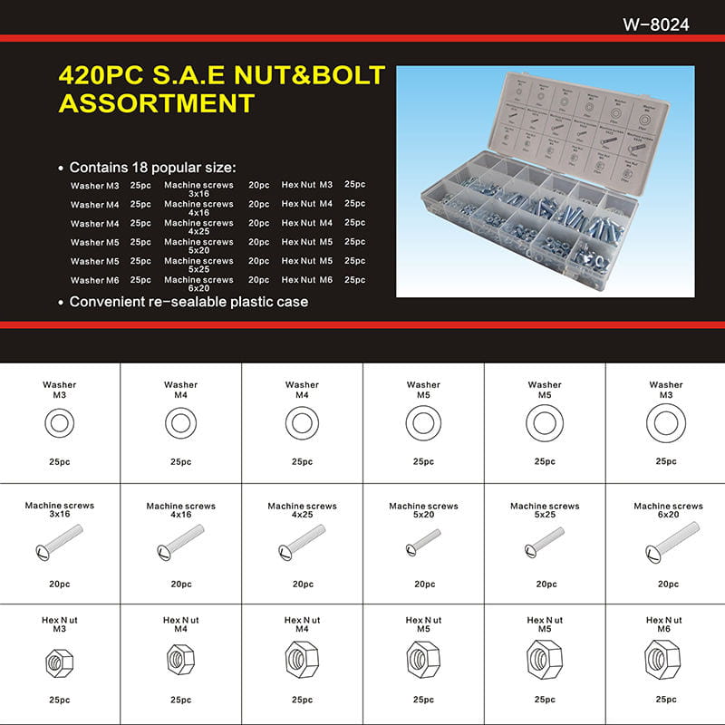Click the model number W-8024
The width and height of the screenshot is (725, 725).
click(x=656, y=24)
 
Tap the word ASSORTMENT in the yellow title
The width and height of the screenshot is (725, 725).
click(x=156, y=103)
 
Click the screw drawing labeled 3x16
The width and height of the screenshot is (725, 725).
click(x=60, y=546)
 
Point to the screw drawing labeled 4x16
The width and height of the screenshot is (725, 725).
click(x=180, y=546)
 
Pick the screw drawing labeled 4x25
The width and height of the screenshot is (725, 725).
click(x=302, y=546)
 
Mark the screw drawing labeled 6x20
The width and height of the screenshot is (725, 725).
click(x=666, y=547)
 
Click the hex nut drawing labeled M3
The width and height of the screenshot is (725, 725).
click(x=59, y=663)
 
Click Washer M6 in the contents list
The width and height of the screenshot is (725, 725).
click(x=94, y=281)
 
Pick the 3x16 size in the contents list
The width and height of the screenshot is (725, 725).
click(x=198, y=193)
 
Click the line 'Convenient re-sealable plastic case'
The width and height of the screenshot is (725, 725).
click(x=188, y=301)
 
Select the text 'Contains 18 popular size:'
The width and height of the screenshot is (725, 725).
click(x=152, y=168)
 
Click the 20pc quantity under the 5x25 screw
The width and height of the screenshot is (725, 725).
click(x=545, y=585)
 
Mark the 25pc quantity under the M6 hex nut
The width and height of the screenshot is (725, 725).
click(x=666, y=700)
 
